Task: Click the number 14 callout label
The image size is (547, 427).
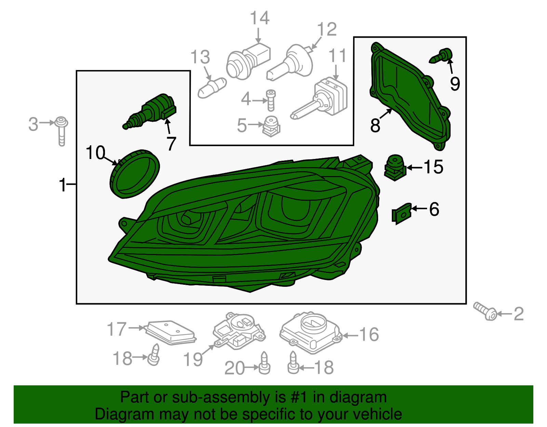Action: point(260,18)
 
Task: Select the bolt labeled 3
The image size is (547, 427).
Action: point(62,131)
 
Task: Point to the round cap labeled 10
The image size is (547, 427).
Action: point(135,174)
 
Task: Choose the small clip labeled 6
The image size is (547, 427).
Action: point(402,214)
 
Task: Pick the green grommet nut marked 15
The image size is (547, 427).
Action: point(395,168)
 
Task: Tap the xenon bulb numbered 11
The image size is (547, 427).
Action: point(320,99)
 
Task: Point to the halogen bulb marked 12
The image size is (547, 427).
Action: point(290,63)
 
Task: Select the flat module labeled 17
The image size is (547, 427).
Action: point(171,332)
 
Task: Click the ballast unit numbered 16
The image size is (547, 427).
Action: point(311,332)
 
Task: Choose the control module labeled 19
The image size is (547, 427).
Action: point(239,330)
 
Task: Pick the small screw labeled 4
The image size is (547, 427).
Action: point(271,100)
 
